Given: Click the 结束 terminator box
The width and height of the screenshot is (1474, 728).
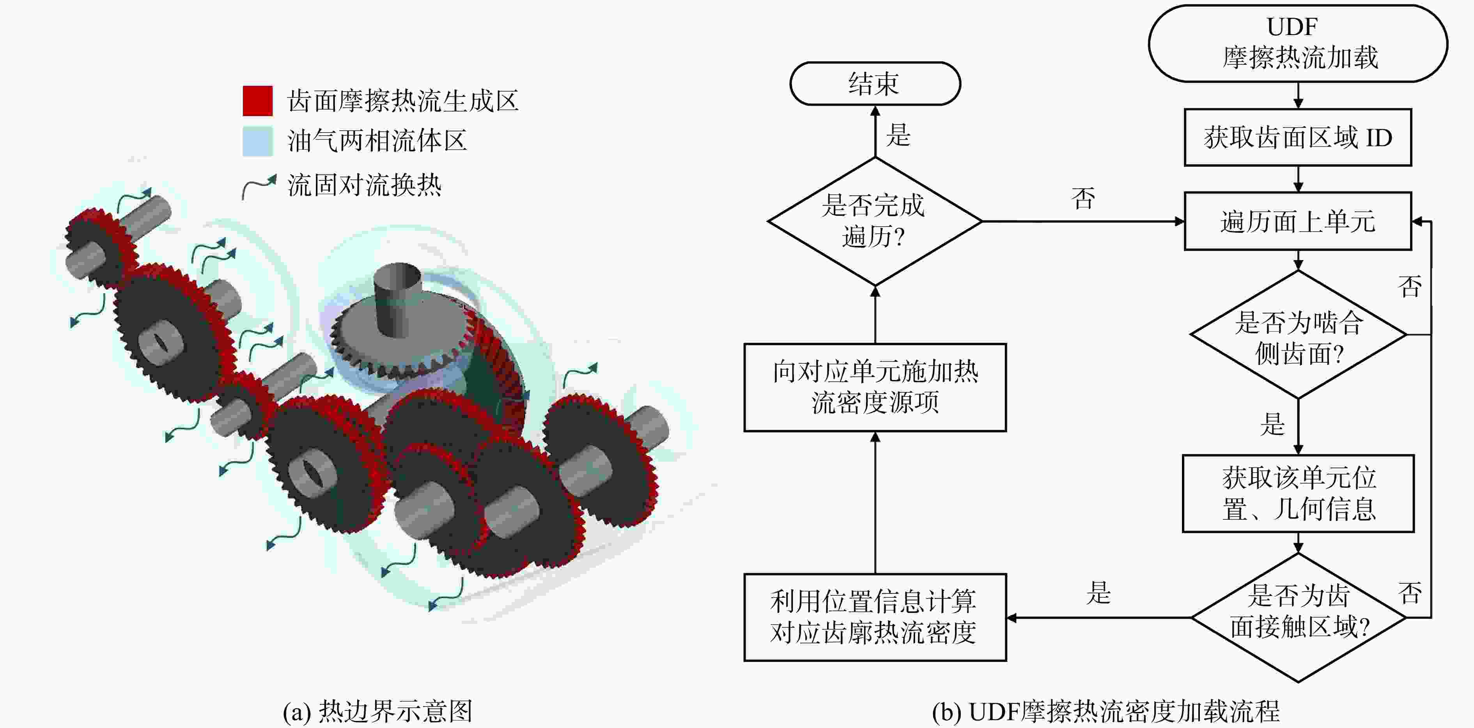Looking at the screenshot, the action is click(875, 83).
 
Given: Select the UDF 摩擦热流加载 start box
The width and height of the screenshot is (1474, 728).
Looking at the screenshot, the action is click(1298, 44).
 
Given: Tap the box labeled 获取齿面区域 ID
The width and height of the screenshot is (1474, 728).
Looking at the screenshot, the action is click(1298, 137).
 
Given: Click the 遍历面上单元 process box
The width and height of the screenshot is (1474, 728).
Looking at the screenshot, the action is click(1298, 221).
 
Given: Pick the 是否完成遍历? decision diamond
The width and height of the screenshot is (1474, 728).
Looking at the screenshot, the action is click(875, 221).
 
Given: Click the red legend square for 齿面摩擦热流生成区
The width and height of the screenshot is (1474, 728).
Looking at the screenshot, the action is click(257, 101).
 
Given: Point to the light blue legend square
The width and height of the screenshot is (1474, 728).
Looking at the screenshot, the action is click(257, 141).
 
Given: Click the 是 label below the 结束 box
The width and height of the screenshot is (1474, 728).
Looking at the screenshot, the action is click(898, 135).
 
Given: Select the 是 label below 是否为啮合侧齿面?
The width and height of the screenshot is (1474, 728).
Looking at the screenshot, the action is click(1272, 424).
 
